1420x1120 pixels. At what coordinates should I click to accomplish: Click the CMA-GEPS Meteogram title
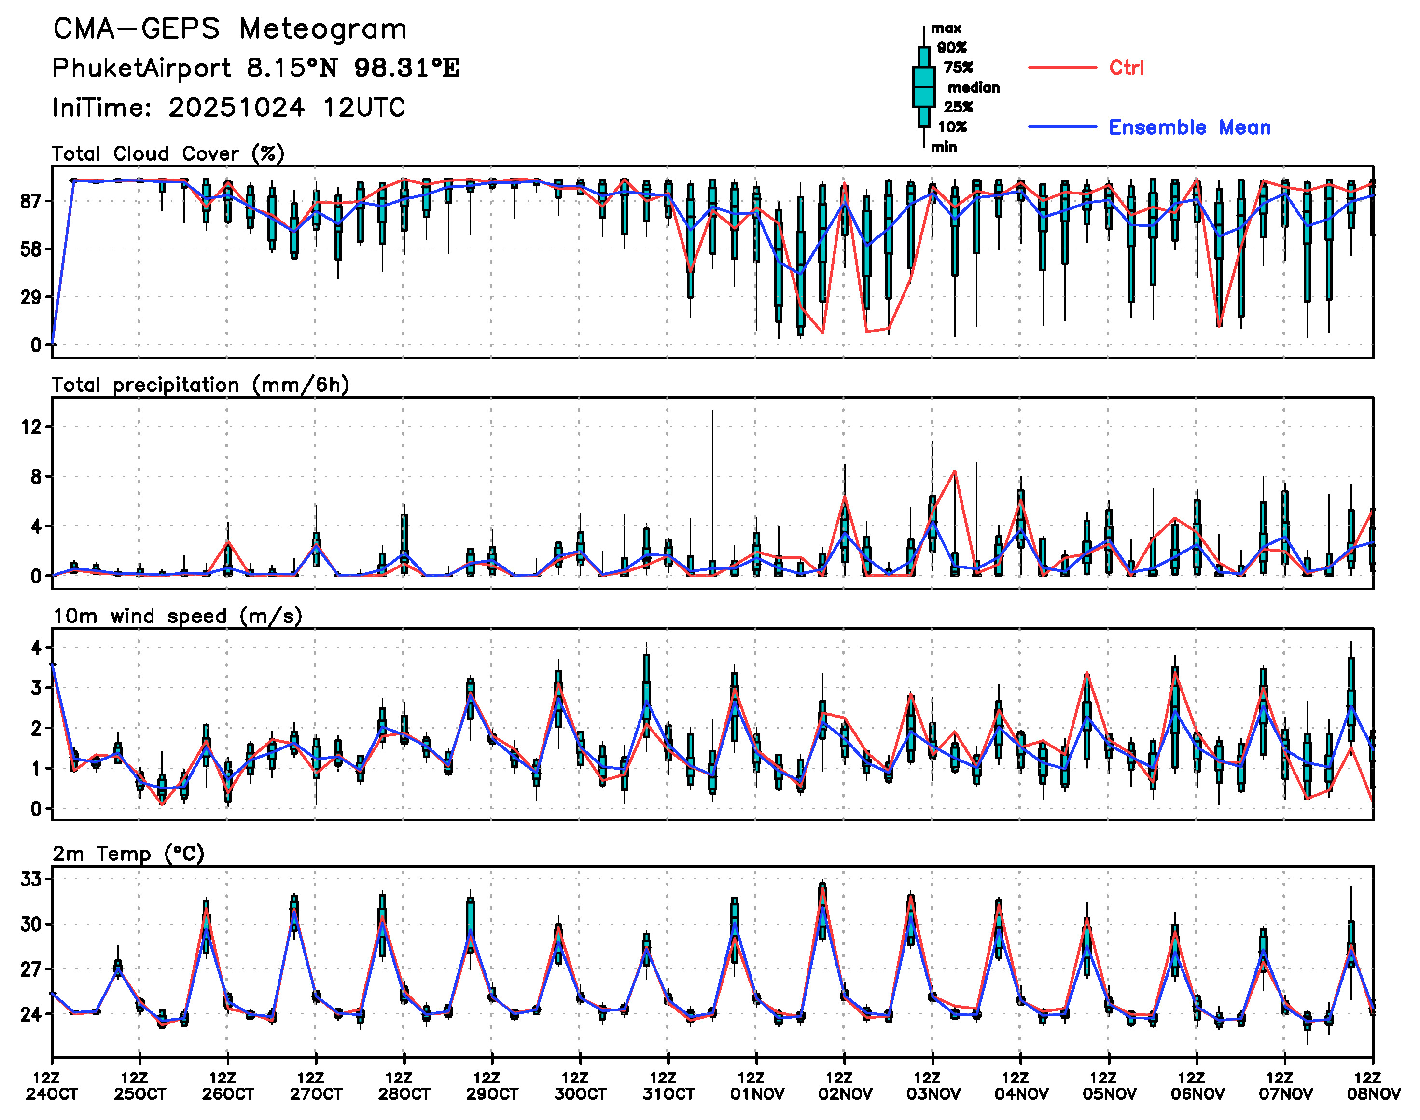[230, 29]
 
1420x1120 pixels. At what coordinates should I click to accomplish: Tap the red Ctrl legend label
[1126, 68]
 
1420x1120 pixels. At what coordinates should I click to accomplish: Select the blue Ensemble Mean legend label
[1189, 127]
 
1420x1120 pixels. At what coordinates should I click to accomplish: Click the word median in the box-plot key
[974, 87]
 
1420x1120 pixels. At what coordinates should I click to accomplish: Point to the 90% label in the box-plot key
[951, 47]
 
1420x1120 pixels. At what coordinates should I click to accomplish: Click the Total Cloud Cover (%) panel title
[168, 153]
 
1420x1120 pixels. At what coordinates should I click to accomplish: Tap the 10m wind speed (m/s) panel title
[177, 616]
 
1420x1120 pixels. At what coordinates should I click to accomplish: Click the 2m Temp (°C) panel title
[128, 853]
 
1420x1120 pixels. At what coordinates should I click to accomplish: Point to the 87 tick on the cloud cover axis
[31, 201]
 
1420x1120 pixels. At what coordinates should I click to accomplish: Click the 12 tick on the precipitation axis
[31, 427]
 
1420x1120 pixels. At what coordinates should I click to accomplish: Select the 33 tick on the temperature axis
[31, 879]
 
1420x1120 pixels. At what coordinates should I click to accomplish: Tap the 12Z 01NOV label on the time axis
[756, 1086]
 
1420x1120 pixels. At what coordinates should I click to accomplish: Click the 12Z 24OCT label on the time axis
[52, 1086]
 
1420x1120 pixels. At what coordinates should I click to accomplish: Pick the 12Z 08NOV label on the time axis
[1373, 1086]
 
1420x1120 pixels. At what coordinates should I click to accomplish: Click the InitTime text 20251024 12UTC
[287, 108]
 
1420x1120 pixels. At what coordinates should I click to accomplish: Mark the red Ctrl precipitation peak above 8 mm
[954, 471]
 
